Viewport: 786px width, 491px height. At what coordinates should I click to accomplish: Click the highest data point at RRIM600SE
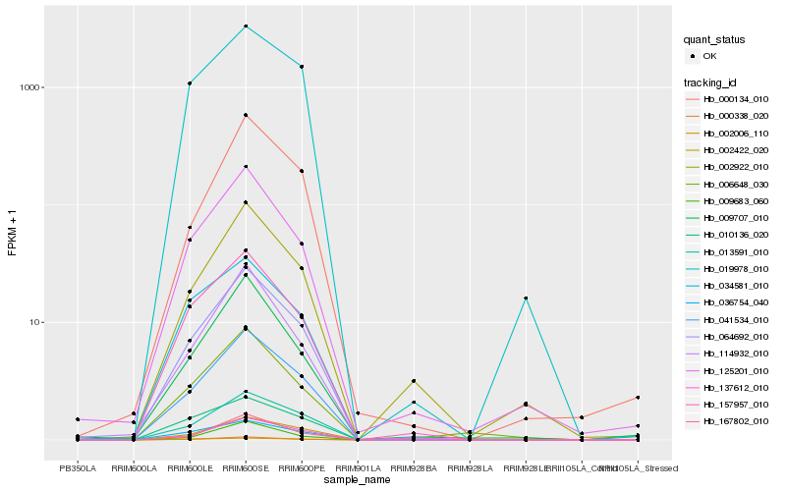[x=246, y=26]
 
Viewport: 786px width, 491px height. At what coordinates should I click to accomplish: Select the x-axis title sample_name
[x=358, y=480]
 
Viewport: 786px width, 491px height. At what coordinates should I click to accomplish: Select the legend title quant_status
[x=714, y=40]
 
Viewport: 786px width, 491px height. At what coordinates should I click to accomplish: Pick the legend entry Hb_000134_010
[x=736, y=99]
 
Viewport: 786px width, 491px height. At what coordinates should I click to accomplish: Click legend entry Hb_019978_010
[x=736, y=268]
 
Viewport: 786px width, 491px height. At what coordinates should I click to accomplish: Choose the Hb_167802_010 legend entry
[x=736, y=421]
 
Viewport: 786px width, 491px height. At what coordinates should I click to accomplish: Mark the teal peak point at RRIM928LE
[x=527, y=298]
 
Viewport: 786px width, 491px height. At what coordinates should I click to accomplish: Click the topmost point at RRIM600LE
[x=190, y=83]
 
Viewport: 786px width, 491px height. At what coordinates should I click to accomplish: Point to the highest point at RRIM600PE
[x=302, y=66]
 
